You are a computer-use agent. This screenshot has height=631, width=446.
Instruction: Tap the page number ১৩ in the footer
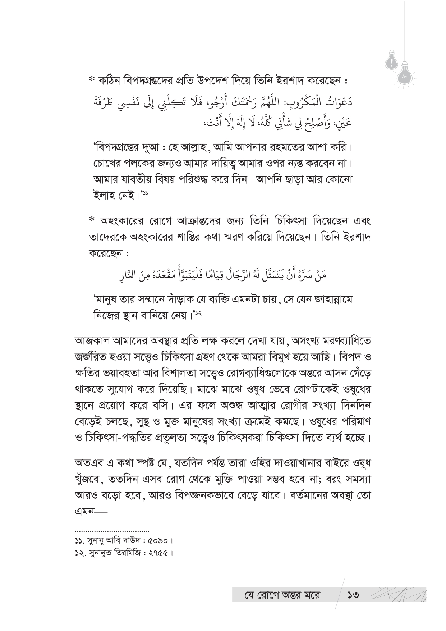(353, 595)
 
